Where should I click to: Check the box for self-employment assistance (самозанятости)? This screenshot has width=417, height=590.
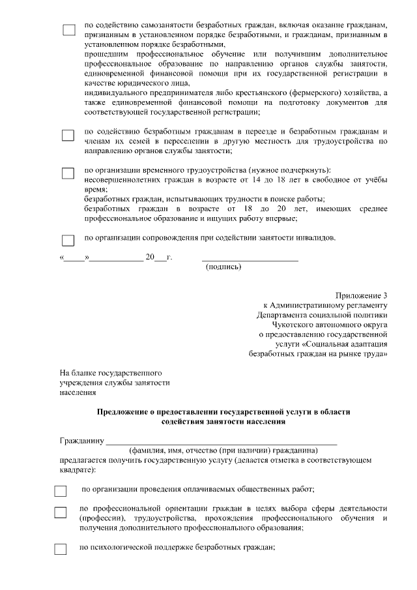68,30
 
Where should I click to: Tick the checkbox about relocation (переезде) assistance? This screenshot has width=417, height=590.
68,136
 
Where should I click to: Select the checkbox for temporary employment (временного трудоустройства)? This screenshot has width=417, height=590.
68,173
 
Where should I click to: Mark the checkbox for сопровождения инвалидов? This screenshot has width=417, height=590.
68,240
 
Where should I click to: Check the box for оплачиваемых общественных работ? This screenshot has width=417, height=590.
61,491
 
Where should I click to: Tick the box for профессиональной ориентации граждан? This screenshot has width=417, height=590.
61,512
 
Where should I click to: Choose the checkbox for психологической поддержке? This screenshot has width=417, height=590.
61,549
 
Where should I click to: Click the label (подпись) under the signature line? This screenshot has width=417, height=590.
223,267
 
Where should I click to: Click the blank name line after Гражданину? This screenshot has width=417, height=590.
222,441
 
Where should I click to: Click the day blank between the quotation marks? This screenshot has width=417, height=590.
74,258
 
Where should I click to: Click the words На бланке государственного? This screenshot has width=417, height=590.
110,372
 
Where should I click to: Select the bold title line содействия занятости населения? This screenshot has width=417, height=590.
223,421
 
